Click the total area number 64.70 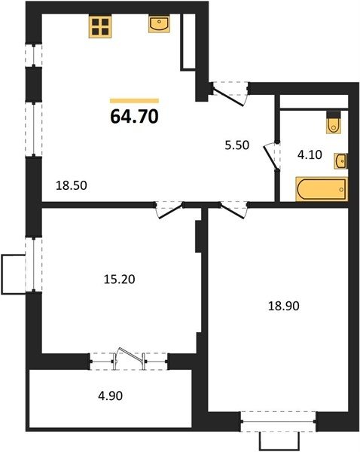tap(134, 117)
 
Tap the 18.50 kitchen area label tap(72, 185)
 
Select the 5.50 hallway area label tap(237, 145)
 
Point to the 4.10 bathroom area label tap(310, 154)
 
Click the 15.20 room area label tap(119, 279)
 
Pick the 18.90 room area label tap(284, 306)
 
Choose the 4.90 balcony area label tap(111, 395)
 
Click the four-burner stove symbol tap(100, 26)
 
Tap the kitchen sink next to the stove tap(159, 24)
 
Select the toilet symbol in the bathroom tap(334, 123)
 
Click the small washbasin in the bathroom tap(341, 161)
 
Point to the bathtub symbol tap(322, 189)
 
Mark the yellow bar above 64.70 tap(134, 101)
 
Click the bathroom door tap(271, 157)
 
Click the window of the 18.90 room tap(279, 421)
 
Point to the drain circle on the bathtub tap(342, 189)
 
